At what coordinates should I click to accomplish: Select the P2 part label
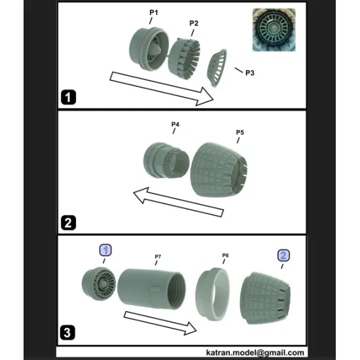click(x=194, y=24)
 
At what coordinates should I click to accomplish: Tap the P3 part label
click(x=249, y=73)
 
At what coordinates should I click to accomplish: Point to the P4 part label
click(x=175, y=124)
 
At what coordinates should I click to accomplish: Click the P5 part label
click(x=240, y=132)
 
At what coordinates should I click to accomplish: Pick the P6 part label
click(x=225, y=255)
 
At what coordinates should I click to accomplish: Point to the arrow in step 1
click(x=161, y=88)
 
